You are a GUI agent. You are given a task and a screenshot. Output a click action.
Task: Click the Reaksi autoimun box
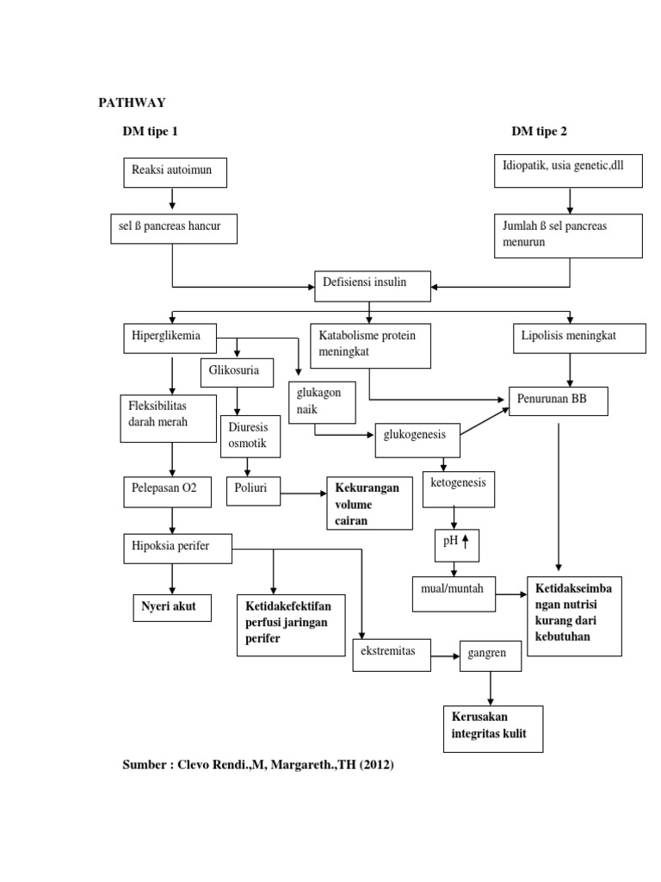pos(175,172)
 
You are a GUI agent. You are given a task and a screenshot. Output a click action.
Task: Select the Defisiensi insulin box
pos(370,285)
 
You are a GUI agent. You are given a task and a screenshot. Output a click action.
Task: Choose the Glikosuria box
pos(236,372)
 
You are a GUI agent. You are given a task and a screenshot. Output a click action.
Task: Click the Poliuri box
pos(253,489)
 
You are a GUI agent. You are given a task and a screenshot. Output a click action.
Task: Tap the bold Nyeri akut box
pos(170,607)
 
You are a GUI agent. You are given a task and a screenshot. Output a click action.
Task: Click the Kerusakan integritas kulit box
pos(491,729)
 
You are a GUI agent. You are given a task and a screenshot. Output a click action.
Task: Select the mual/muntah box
pos(454,593)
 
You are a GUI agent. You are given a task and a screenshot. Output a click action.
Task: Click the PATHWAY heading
pos(132,102)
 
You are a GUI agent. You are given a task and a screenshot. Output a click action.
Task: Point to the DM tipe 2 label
pos(539,132)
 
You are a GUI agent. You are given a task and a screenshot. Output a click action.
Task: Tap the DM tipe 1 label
pos(150,132)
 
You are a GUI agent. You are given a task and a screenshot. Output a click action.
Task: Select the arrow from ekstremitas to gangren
pos(444,657)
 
